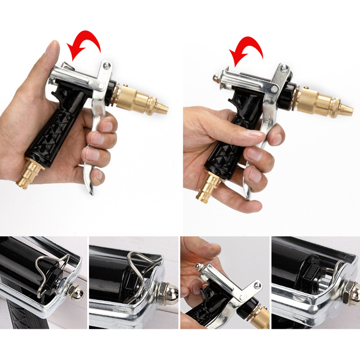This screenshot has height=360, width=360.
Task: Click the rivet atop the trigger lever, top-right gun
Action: tap(283, 69)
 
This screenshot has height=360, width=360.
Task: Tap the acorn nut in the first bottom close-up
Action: tap(76, 293)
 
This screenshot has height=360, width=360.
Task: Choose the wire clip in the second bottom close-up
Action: tap(137, 274)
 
